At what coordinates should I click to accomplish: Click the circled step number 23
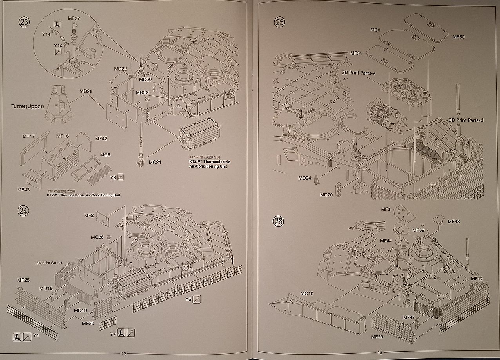point(24,22)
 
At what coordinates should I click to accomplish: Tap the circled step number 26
point(278,221)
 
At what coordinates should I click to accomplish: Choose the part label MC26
point(97,237)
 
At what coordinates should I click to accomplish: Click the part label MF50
point(458,36)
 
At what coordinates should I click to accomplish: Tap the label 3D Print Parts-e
point(359,72)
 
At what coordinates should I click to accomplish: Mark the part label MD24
point(305,178)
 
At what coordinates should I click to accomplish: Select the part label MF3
point(386,210)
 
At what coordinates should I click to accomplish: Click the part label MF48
point(454,222)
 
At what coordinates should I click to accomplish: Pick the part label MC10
point(307,293)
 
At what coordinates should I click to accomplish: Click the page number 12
point(124,353)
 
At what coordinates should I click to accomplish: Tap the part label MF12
point(477,278)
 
